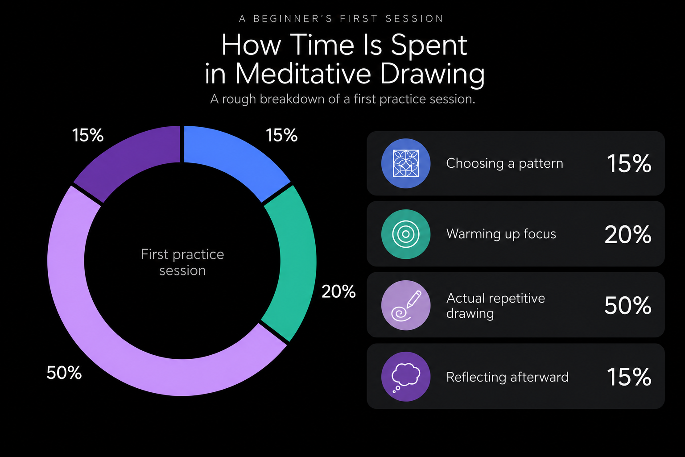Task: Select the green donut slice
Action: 293,260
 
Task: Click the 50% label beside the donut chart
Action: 64,373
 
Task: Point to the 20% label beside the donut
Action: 338,291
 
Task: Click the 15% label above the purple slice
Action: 88,135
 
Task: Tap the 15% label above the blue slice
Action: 282,135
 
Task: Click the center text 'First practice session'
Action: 182,262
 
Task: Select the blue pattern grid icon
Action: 406,163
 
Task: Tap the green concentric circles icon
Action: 406,234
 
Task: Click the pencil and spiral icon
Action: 406,305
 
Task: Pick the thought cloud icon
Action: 406,377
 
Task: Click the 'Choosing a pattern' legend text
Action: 504,163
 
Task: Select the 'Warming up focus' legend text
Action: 501,234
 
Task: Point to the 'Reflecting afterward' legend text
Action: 508,377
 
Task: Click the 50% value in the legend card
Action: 628,305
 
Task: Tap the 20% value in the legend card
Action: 628,234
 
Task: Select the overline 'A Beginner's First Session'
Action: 341,19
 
